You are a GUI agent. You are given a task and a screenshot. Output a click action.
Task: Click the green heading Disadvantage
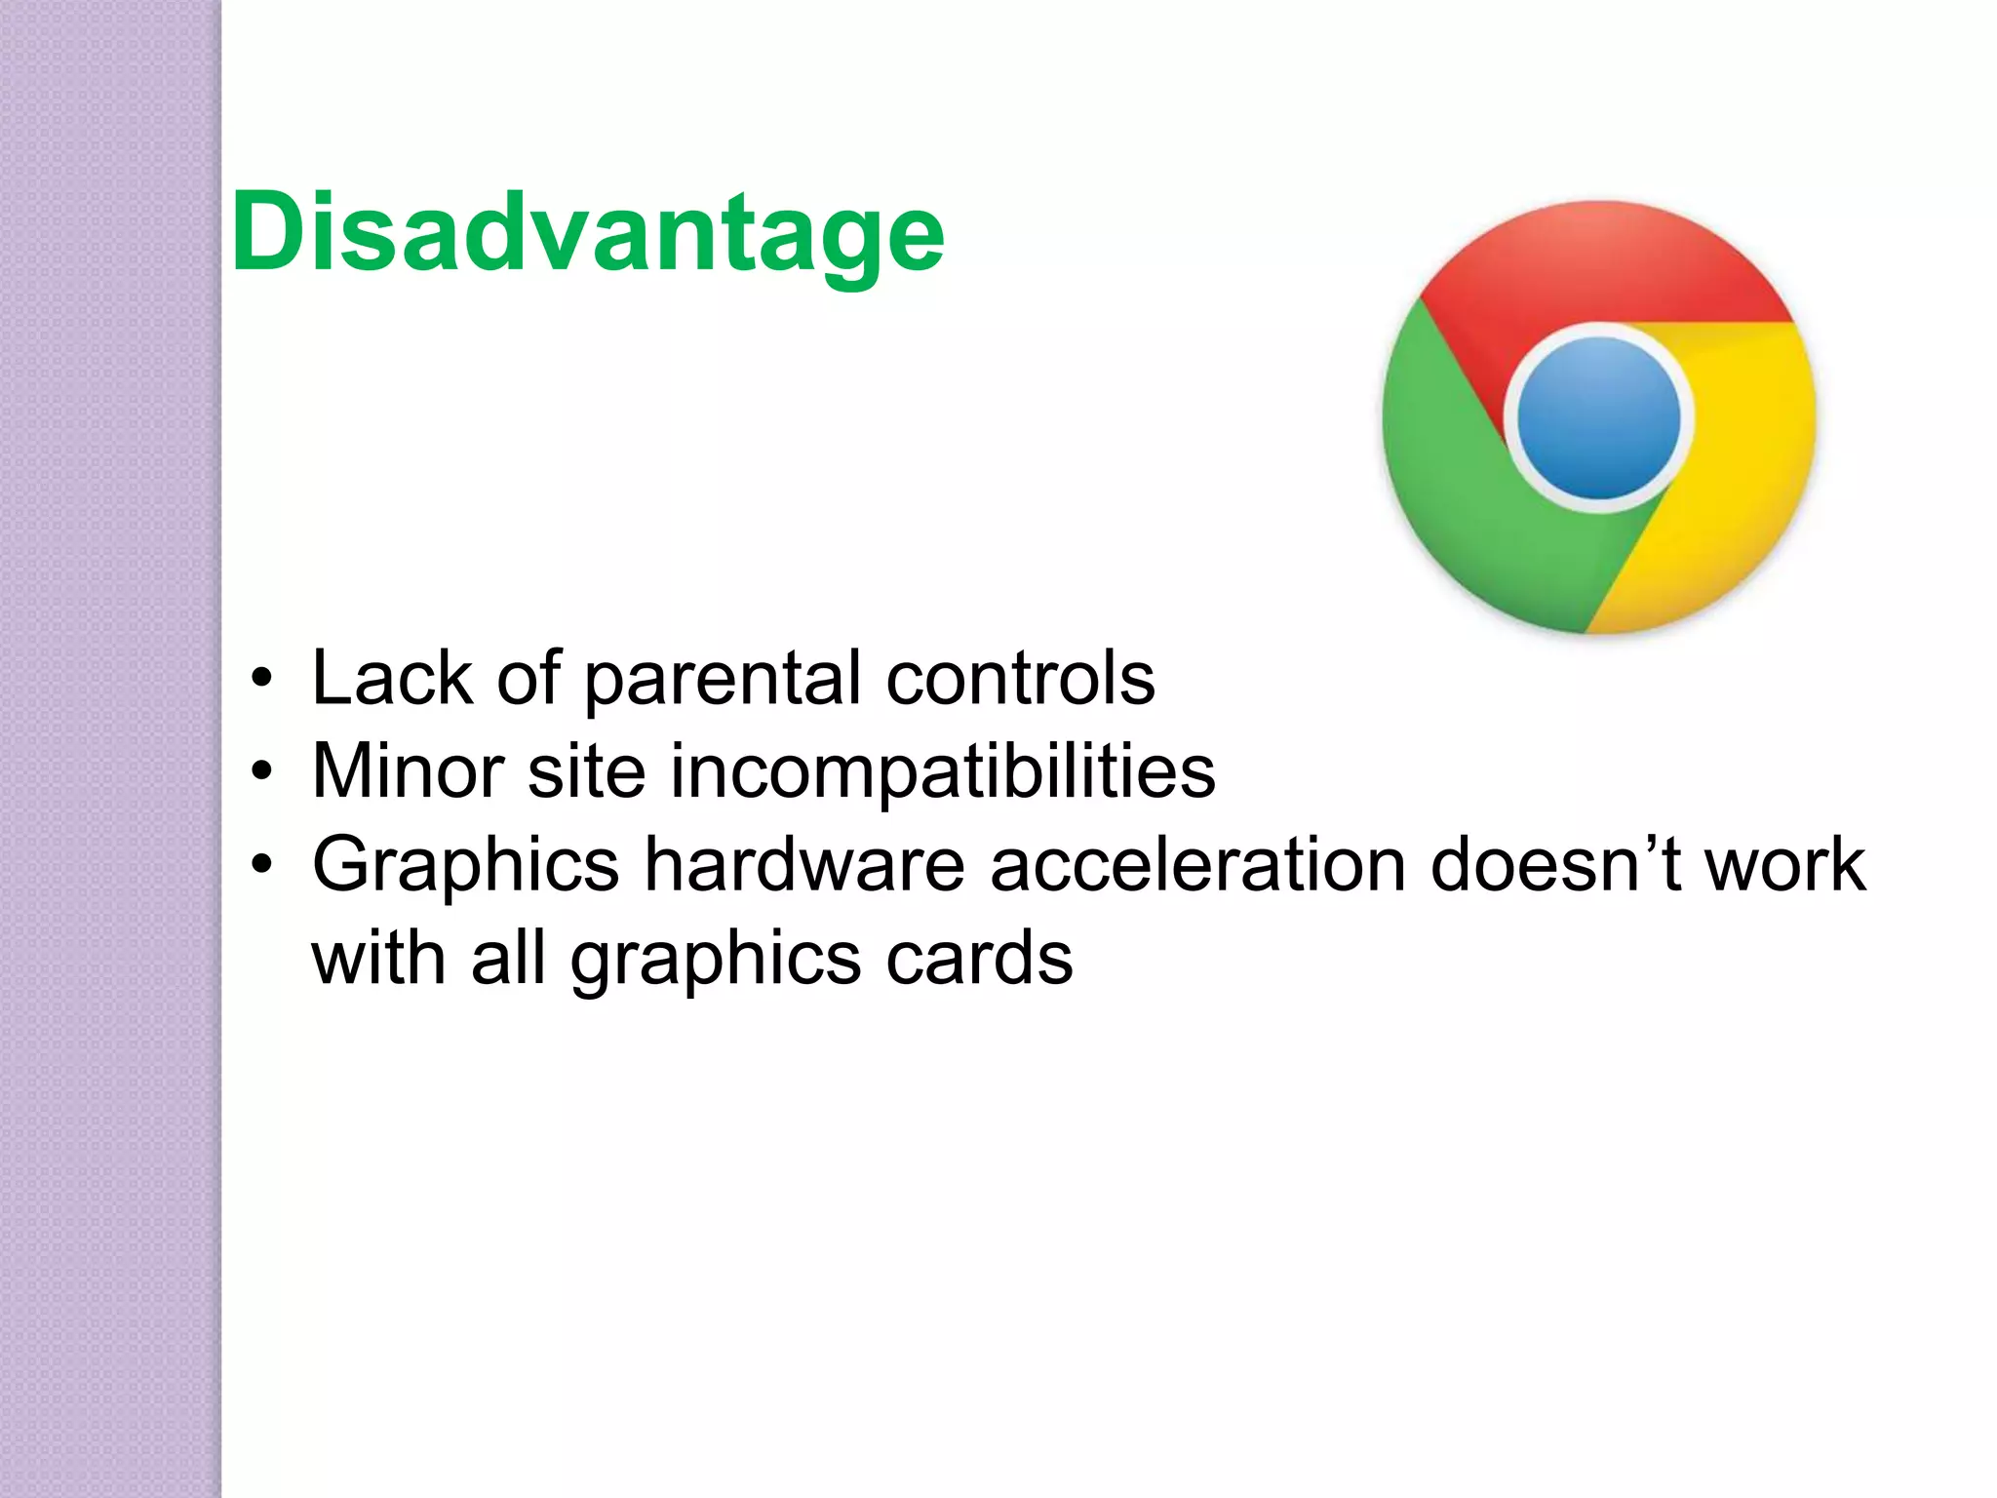pos(588,234)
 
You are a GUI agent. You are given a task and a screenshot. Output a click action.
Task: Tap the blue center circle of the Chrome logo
pos(1599,417)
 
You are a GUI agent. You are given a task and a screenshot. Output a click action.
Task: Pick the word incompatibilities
pos(942,771)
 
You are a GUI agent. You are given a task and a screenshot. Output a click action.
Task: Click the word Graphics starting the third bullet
pos(466,865)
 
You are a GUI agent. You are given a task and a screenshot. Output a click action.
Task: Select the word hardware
pos(804,865)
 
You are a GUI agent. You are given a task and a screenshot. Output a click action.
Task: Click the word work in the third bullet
pos(1783,865)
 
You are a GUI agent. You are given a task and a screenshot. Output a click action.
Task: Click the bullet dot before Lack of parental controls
pos(260,680)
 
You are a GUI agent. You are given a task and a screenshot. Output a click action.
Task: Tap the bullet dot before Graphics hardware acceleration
pos(260,866)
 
